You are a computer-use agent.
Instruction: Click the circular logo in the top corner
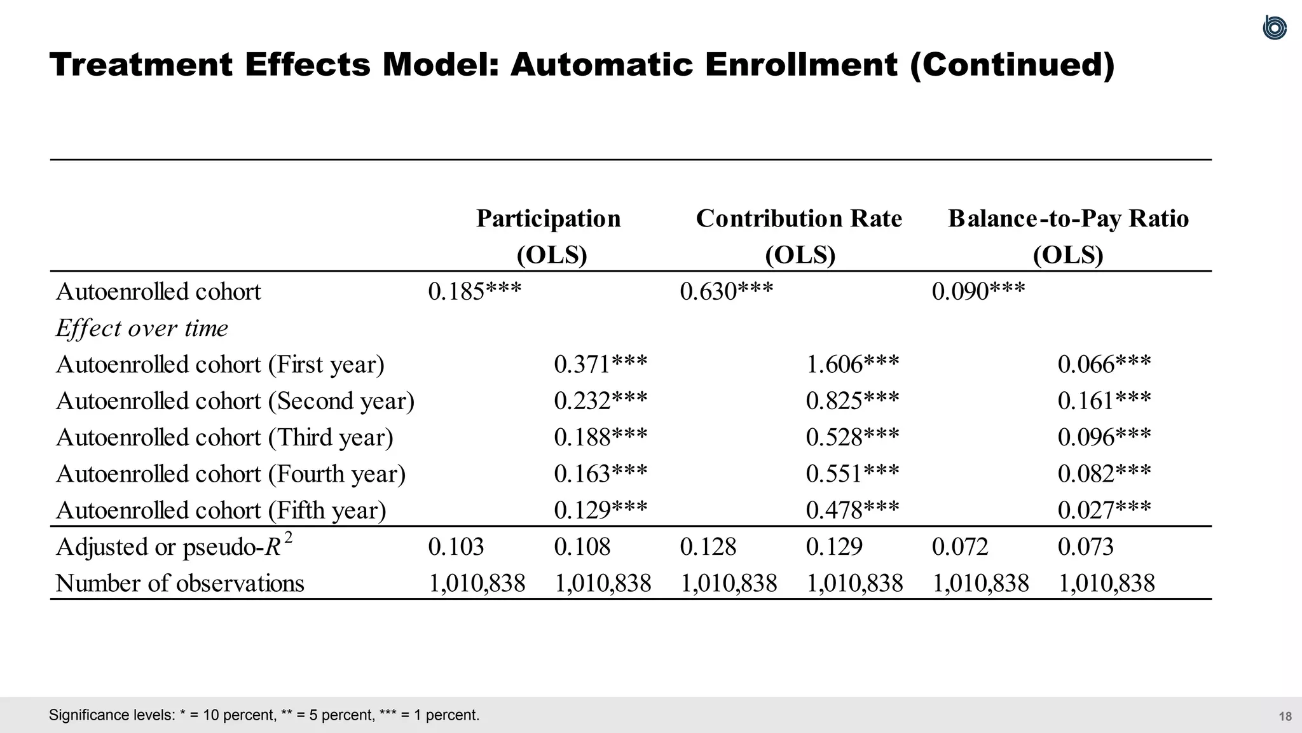coord(1275,28)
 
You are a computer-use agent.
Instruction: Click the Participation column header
coord(549,219)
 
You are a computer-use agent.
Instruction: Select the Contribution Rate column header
coord(799,219)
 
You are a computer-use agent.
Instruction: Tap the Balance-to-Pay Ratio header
coord(1068,219)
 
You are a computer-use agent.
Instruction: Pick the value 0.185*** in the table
coord(474,292)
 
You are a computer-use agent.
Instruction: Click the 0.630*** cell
coord(726,292)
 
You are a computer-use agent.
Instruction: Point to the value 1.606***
coord(853,365)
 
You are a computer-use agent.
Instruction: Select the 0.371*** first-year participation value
coord(600,365)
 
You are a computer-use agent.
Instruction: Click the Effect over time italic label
coord(142,328)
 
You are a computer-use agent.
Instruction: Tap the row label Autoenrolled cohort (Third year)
coord(224,438)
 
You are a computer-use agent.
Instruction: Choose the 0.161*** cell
coord(1104,401)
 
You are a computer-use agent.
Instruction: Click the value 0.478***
coord(853,510)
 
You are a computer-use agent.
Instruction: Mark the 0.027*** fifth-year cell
coord(1104,510)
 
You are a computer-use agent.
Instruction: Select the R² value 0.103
coord(456,547)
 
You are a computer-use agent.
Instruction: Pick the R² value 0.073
coord(1086,547)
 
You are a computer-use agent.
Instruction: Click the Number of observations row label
coord(180,583)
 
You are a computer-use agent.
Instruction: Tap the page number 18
coord(1285,716)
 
